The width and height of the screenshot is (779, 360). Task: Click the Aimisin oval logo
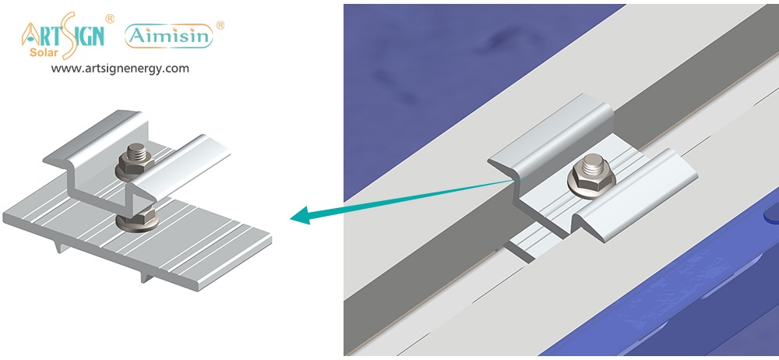tap(169, 37)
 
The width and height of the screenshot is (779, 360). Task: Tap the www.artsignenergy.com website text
tap(120, 69)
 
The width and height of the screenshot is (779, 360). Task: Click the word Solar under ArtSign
tap(44, 52)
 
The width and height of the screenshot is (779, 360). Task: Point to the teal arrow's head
tap(301, 217)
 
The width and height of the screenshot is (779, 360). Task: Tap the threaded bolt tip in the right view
tap(593, 164)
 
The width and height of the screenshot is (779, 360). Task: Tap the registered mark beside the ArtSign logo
tap(110, 19)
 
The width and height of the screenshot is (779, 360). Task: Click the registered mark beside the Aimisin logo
tap(220, 25)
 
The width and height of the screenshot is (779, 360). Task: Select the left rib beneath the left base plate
tap(61, 245)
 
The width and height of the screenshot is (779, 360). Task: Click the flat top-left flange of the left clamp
tap(94, 136)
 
